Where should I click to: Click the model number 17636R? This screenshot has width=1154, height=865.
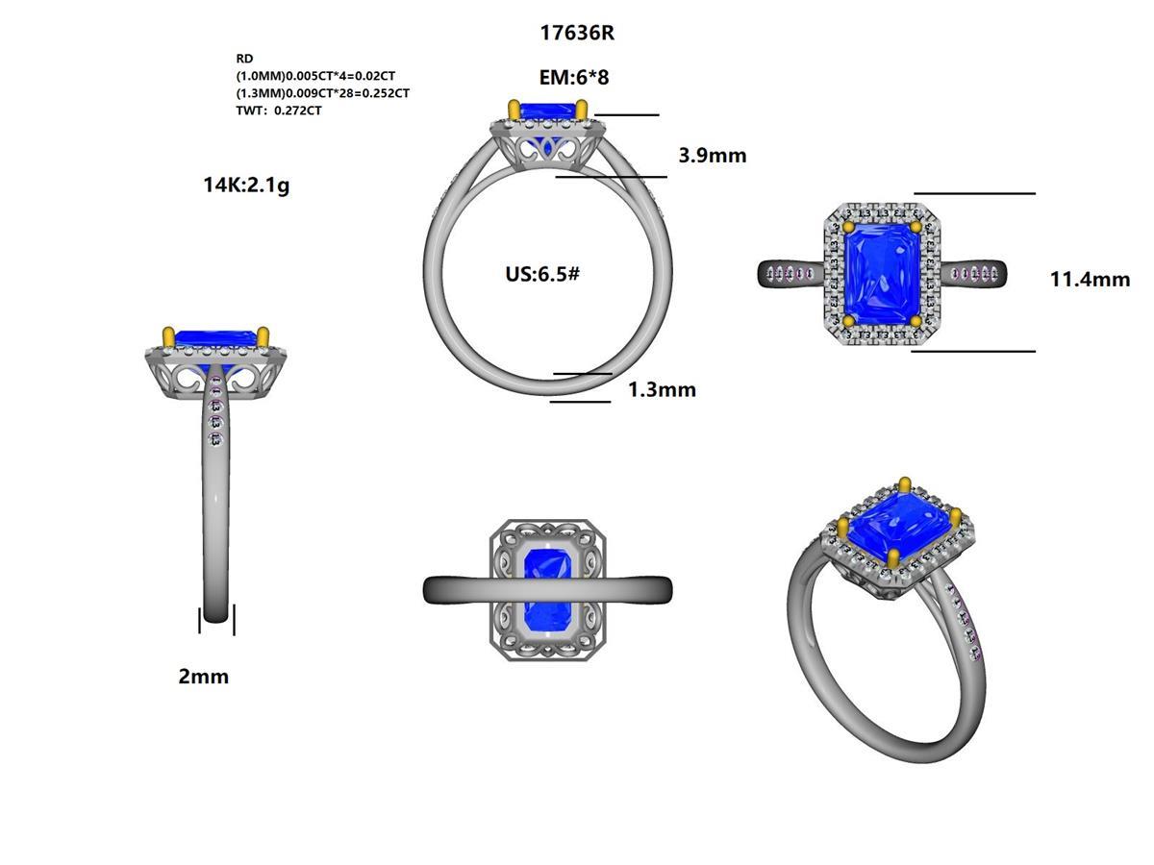click(577, 33)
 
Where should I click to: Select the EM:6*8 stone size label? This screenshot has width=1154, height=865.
click(577, 79)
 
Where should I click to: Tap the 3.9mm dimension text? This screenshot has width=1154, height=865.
click(712, 155)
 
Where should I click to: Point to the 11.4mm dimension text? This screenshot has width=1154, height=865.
click(1090, 280)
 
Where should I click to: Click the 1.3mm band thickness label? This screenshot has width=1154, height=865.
click(662, 389)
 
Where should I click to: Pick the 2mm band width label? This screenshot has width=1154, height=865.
click(204, 677)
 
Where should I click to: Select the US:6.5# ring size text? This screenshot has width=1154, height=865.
click(542, 274)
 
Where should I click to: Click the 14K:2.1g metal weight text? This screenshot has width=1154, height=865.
click(246, 185)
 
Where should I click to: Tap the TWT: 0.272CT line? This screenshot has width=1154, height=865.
click(279, 111)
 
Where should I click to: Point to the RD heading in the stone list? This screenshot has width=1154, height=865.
click(244, 59)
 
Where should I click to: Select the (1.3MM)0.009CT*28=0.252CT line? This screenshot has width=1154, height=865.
click(323, 93)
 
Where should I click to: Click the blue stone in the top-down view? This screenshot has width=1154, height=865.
click(882, 274)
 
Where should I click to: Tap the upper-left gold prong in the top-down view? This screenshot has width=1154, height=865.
click(848, 228)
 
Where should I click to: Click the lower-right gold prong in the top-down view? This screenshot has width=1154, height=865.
click(916, 321)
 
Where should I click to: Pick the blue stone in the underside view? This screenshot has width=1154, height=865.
click(546, 591)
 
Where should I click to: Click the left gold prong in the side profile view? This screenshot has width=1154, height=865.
click(169, 336)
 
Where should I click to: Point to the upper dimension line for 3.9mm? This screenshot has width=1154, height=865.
click(627, 115)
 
